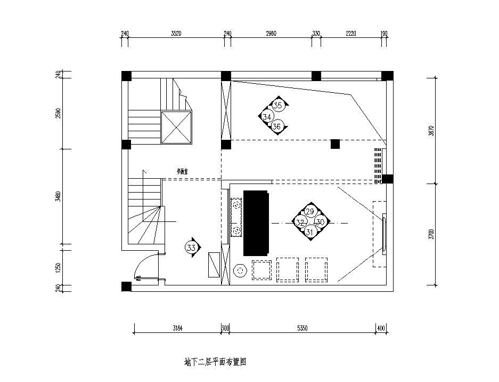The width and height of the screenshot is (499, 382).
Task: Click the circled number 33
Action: [x=192, y=247]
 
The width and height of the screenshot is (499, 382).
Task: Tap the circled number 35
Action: [x=277, y=106]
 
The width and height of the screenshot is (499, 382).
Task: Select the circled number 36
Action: [x=276, y=126]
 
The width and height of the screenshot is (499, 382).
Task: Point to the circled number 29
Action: [x=309, y=212]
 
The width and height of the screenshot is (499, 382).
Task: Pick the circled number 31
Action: [x=309, y=232]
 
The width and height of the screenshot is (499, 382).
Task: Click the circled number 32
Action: [x=300, y=222]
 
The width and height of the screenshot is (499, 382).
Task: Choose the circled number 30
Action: [x=320, y=222]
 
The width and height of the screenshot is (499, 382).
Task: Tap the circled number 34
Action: [x=267, y=116]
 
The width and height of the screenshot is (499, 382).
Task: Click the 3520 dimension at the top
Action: [x=176, y=33]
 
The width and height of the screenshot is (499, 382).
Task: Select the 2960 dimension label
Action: [x=271, y=33]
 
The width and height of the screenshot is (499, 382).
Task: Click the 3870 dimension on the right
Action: [x=431, y=130]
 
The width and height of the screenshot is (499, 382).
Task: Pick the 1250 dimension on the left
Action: [x=59, y=267]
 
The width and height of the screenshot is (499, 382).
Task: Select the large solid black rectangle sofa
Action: [x=257, y=222]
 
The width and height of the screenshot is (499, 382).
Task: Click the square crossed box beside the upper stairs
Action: [x=176, y=128]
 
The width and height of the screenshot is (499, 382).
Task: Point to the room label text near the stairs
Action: [x=183, y=172]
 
